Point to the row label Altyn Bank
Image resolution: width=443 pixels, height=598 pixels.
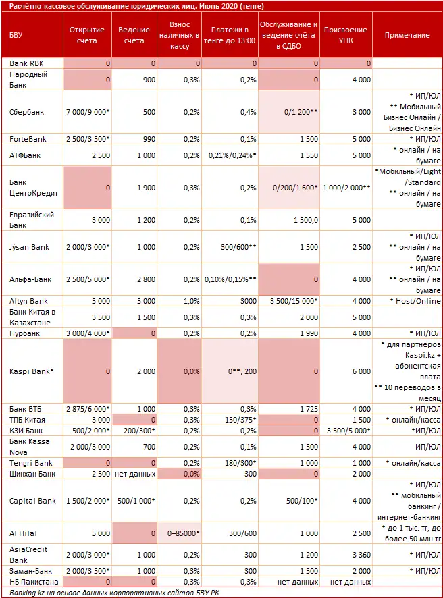28,301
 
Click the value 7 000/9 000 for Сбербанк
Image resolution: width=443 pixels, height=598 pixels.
90,112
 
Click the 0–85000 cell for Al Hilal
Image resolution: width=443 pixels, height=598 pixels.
182,533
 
